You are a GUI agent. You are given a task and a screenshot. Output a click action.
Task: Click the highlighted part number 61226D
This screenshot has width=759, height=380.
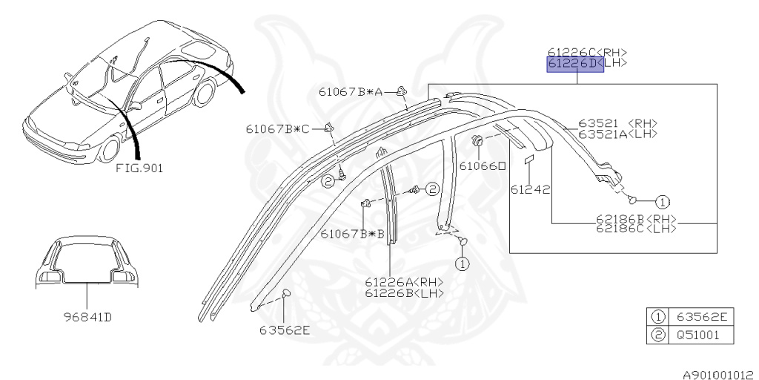[575, 64]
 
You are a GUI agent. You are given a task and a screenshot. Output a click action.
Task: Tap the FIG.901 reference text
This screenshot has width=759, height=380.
[139, 168]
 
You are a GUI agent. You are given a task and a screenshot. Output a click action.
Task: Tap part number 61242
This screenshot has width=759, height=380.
[529, 189]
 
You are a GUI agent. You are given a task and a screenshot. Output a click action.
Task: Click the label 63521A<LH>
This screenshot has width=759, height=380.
[618, 134]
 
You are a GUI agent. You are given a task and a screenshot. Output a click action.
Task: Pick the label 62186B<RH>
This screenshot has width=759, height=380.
[637, 219]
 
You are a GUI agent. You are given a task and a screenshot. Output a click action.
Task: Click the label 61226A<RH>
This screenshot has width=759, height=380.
[404, 281]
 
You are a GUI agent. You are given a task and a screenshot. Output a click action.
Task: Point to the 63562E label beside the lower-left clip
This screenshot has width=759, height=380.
[285, 329]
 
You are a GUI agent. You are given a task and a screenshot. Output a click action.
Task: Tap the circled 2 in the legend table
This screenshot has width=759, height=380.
[657, 335]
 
